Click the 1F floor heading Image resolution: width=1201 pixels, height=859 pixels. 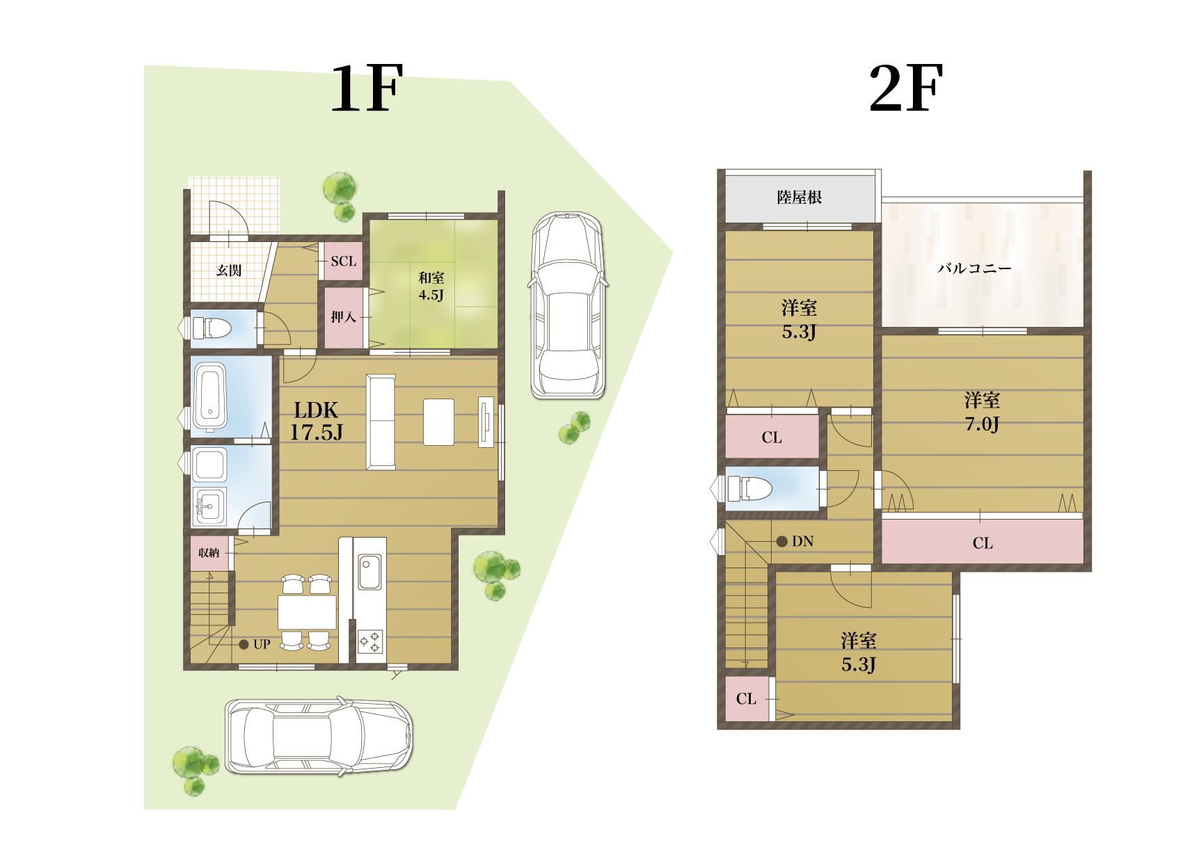click(x=367, y=88)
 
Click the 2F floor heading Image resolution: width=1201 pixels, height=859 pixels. click(x=906, y=88)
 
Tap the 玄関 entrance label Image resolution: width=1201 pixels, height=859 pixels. click(x=229, y=271)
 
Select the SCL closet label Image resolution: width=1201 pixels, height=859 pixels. click(x=344, y=262)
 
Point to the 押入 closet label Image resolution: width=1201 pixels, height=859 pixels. click(x=344, y=317)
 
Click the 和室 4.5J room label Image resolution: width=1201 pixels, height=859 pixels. click(x=431, y=286)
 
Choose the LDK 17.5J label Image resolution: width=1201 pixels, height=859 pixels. click(x=317, y=422)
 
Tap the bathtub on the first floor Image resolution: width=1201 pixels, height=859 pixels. click(x=209, y=396)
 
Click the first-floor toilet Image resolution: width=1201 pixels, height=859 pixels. click(x=211, y=328)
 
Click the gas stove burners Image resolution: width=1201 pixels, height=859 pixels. click(x=369, y=642)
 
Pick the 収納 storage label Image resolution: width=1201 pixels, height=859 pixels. click(x=209, y=553)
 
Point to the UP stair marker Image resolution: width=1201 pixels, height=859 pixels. click(x=255, y=644)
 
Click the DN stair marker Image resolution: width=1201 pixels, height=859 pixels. click(x=795, y=541)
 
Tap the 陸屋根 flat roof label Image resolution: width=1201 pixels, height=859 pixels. click(x=800, y=198)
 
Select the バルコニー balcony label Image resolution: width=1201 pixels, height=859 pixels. click(x=974, y=268)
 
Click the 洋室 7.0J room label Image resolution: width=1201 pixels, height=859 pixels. click(x=983, y=412)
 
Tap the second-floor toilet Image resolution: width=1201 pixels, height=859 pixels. click(x=749, y=488)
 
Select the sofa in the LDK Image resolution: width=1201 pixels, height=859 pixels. click(x=381, y=422)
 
